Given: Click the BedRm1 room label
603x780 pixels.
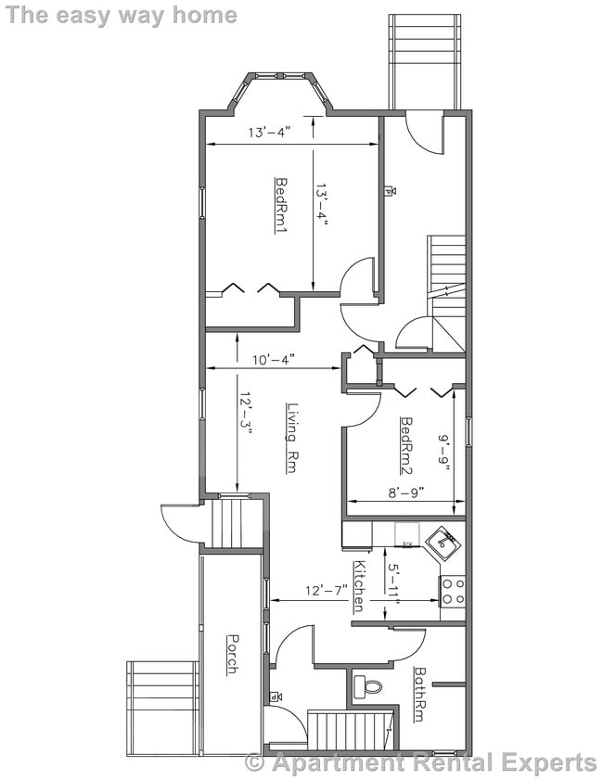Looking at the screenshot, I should coord(280,205).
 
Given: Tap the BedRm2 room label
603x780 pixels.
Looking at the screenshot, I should coord(405,441).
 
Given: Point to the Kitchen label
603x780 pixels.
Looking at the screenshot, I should coord(359,586).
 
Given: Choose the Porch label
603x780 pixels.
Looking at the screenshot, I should coord(232,654).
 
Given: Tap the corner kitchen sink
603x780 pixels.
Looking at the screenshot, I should coord(443,543).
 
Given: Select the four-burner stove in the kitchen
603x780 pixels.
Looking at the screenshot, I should coord(452,592).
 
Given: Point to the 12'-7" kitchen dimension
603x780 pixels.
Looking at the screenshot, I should coord(327,590).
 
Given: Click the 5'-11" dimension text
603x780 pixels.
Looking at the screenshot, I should coord(393,586).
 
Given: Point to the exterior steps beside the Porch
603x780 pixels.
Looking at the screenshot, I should coord(162,707).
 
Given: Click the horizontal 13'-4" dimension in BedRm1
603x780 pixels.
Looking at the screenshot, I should coord(269,132).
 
